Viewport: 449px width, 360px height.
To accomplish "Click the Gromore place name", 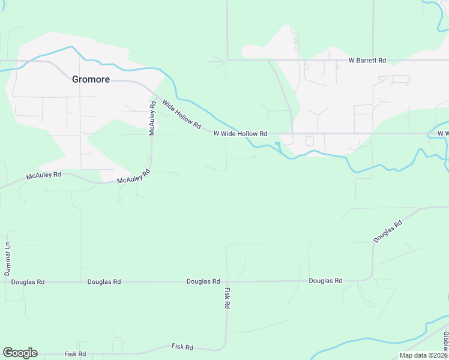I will (x=91, y=79).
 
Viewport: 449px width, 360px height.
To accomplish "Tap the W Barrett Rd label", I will (x=367, y=61).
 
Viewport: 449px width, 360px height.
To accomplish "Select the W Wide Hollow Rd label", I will (x=240, y=134).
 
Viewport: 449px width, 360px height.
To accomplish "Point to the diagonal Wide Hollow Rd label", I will (x=180, y=113).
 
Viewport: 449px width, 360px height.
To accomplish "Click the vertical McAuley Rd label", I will (x=152, y=118).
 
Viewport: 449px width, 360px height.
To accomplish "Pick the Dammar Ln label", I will (x=8, y=259).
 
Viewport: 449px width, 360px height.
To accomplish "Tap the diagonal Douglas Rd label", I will (x=387, y=231).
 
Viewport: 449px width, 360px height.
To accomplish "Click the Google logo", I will (x=20, y=353).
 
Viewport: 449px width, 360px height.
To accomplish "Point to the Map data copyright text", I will (x=423, y=355).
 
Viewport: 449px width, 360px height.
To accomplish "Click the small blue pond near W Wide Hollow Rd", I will (x=277, y=144).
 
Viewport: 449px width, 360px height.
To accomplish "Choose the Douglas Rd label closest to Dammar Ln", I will (x=28, y=281).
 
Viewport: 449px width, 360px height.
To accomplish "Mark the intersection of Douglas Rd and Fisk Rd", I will (x=226, y=281).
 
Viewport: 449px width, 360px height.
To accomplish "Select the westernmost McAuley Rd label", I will (x=44, y=176).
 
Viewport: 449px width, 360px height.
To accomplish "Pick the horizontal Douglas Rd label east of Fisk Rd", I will (x=325, y=281).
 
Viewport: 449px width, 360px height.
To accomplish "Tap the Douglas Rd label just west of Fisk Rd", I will (x=203, y=281).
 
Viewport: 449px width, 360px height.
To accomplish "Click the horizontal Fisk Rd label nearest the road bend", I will (x=182, y=347).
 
